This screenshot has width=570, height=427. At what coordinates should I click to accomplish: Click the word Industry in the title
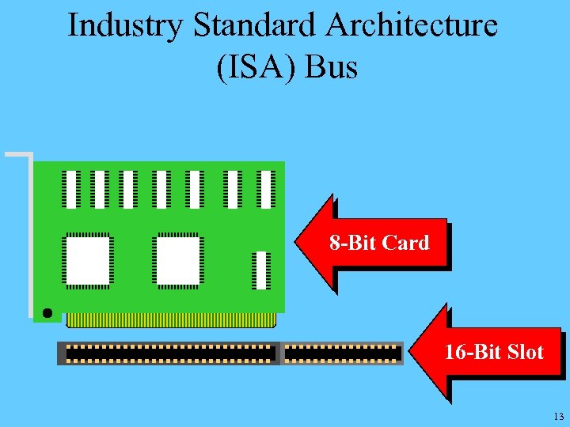[x=125, y=26]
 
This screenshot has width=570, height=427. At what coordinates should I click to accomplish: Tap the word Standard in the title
[x=253, y=26]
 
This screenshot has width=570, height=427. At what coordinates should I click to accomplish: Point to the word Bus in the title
[x=331, y=67]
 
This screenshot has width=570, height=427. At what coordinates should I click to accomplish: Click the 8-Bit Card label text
[x=379, y=243]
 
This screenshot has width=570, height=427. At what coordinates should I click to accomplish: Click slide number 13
[x=559, y=416]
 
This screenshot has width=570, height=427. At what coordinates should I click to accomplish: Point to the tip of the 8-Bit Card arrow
[x=298, y=244]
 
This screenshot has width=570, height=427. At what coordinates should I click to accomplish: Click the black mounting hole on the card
[x=47, y=313]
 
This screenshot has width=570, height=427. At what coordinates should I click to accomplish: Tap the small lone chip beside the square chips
[x=261, y=270]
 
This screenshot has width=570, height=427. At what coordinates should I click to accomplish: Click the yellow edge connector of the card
[x=171, y=319]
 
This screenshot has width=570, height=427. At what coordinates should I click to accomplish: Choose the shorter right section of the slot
[x=342, y=353]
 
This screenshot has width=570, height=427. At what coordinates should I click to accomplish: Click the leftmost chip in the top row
[x=72, y=190]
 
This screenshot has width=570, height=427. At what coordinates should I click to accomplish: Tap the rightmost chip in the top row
[x=267, y=190]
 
